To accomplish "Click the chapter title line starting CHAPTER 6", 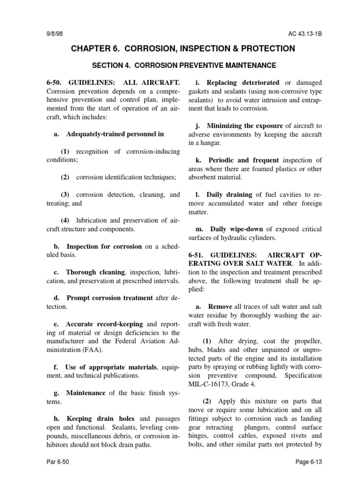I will pyautogui.click(x=183, y=49).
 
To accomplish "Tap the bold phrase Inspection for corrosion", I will pyautogui.click(x=104, y=246).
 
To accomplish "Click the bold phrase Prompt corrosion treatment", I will pyautogui.click(x=110, y=298).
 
